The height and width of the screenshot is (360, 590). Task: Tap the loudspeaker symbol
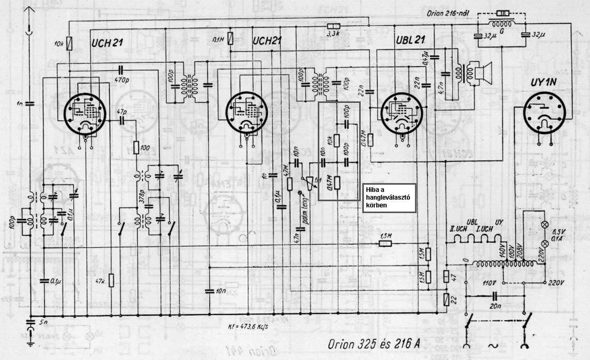point(482,71)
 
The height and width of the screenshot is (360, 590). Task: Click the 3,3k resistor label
point(333,34)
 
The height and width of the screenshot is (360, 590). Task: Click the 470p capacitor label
point(121,79)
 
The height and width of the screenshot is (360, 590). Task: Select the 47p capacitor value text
point(121,112)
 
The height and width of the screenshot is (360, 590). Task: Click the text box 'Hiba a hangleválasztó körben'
point(389,198)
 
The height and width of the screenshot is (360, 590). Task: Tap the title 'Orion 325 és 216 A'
point(374,344)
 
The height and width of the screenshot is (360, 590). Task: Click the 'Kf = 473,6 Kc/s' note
point(248,327)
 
